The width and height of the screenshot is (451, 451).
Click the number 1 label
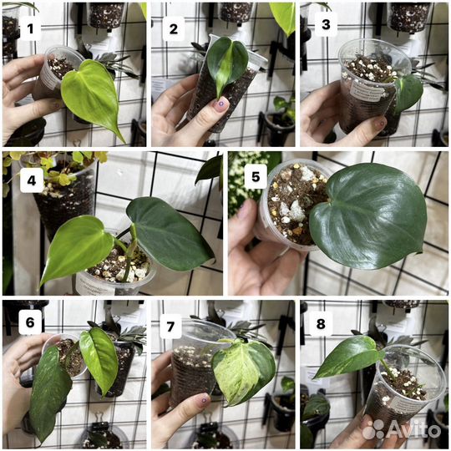tap(31, 28)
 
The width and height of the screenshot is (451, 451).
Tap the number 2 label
tap(174, 28)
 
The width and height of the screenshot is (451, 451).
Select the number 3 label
tap(327, 25)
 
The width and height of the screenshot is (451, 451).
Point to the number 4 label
tap(32, 180)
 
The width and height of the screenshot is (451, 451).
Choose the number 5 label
tap(256, 177)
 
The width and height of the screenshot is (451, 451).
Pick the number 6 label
tap(30, 322)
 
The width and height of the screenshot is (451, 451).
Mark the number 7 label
tap(170, 327)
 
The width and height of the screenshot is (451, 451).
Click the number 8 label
tap(321, 324)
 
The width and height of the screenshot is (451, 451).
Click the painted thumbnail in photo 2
tap(220, 104)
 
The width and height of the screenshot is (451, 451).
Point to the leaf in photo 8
tap(348, 356)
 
